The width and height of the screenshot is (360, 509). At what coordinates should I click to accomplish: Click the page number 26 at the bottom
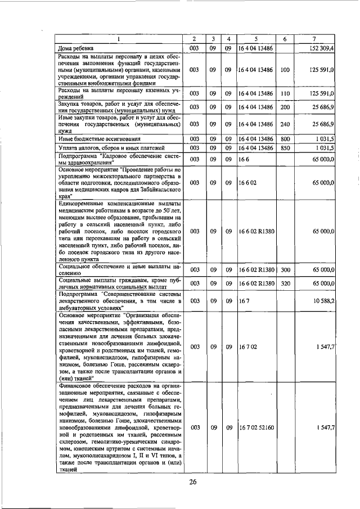click(x=193, y=482)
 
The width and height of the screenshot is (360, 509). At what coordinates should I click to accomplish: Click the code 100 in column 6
click(x=285, y=70)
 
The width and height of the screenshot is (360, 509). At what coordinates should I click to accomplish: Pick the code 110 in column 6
click(x=285, y=93)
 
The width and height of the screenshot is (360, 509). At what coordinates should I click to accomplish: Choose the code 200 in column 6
click(x=285, y=107)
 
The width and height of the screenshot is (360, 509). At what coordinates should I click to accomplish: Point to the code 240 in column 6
click(x=285, y=124)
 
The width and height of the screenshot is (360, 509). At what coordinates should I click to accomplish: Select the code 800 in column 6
click(x=285, y=138)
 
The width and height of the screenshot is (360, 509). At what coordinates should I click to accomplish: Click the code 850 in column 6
click(x=285, y=148)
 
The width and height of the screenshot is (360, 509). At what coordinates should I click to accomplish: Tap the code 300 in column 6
click(x=285, y=270)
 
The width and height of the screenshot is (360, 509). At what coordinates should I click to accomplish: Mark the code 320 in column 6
click(x=285, y=284)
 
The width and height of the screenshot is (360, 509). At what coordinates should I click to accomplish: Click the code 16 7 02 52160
click(x=256, y=428)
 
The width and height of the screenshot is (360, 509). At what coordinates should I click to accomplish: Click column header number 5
click(x=256, y=39)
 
